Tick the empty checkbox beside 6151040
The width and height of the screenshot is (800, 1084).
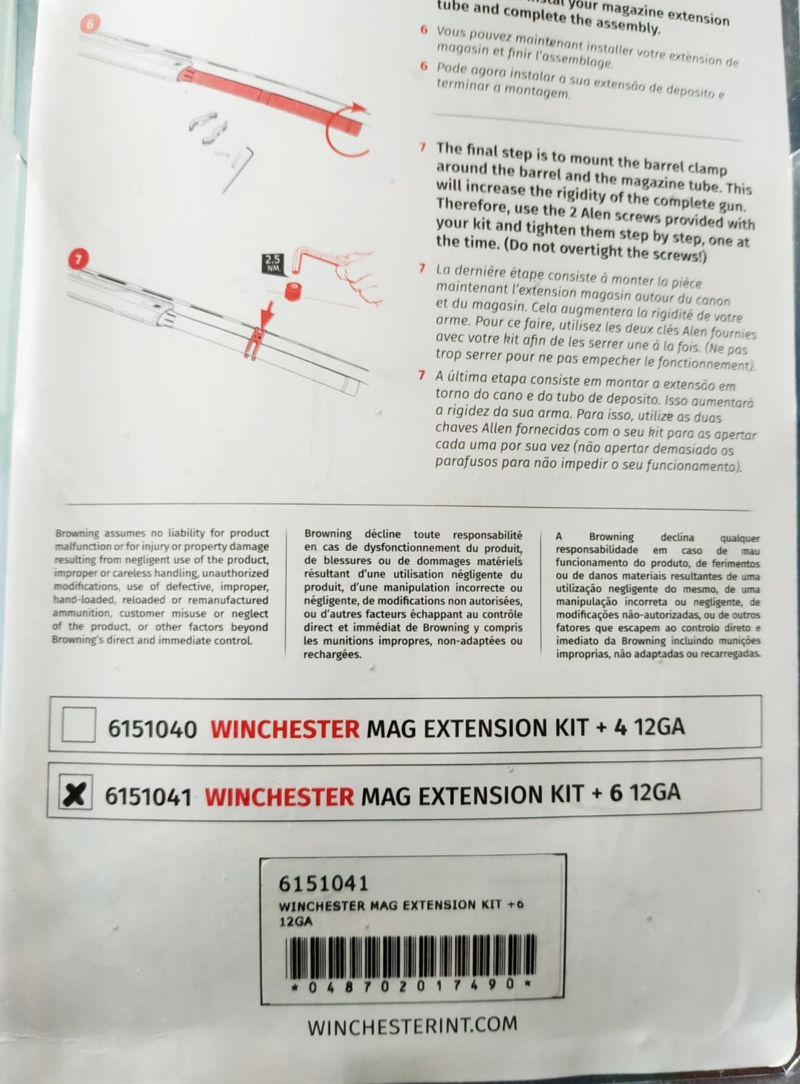(x=79, y=724)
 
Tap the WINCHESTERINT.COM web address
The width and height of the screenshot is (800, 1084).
(x=412, y=1025)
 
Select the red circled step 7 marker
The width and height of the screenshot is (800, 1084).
(x=78, y=259)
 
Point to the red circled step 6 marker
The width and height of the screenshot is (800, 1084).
(x=89, y=23)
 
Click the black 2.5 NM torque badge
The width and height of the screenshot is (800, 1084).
(x=273, y=263)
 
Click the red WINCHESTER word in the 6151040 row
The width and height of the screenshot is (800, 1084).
(x=285, y=729)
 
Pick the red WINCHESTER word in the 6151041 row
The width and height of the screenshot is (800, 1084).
(x=279, y=796)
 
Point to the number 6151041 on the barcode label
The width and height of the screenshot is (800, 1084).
(x=323, y=884)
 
